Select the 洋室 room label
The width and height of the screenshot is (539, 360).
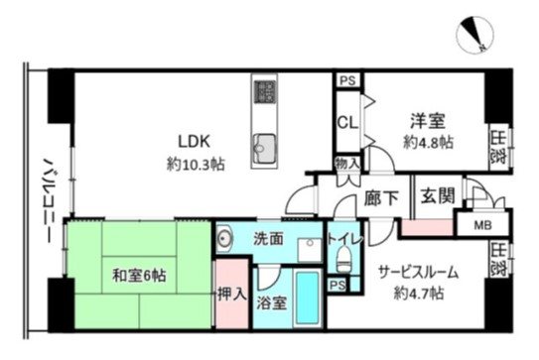click(x=429, y=121)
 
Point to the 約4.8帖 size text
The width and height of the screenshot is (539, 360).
click(x=429, y=142)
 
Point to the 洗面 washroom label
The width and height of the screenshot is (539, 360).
click(x=268, y=239)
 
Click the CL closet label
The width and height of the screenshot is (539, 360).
click(x=346, y=124)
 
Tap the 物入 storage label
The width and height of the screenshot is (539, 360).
click(x=346, y=164)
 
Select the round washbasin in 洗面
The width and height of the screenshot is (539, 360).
click(x=225, y=238)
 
